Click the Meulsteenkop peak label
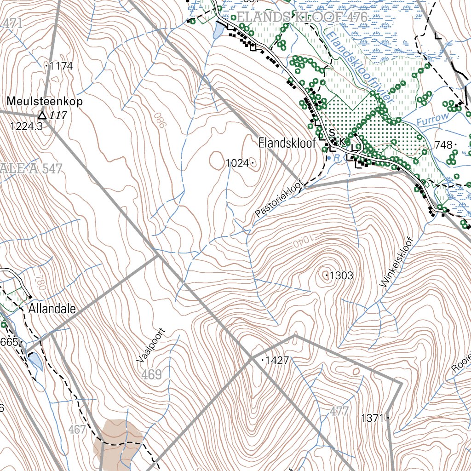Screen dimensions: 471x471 pyautogui.click(x=45, y=101)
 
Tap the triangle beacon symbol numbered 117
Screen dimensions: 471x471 pyautogui.click(x=42, y=115)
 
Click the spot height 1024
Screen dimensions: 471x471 pyautogui.click(x=238, y=163)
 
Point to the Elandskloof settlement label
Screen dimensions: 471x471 pyautogui.click(x=287, y=143)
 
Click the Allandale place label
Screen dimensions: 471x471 pyautogui.click(x=52, y=308)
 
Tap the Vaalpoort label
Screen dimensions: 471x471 pyautogui.click(x=150, y=346)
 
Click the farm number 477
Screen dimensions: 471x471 pyautogui.click(x=339, y=411)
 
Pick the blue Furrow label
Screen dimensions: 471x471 pyautogui.click(x=432, y=119)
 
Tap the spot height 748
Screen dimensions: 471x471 pyautogui.click(x=443, y=145)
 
